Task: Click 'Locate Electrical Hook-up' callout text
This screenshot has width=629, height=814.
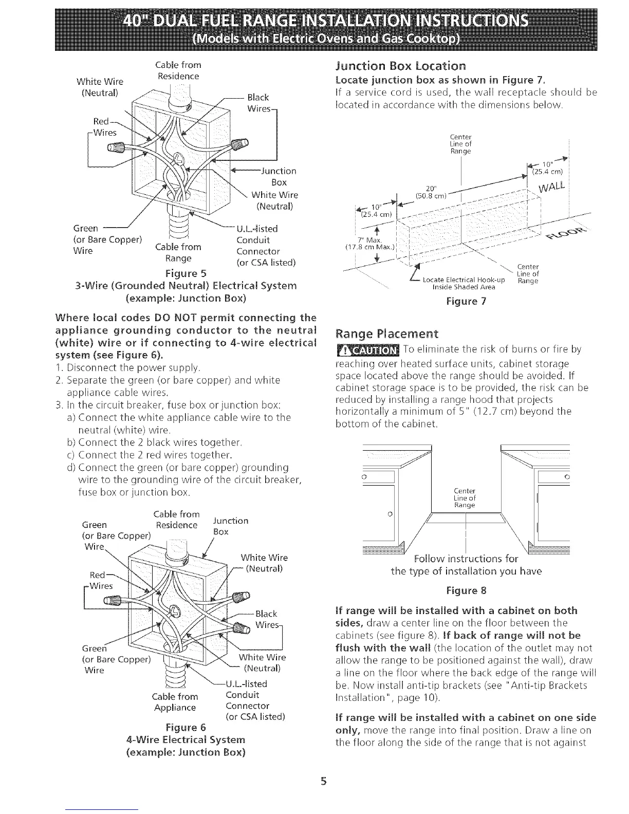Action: pyautogui.click(x=463, y=280)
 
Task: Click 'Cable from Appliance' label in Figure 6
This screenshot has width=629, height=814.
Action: pyautogui.click(x=175, y=702)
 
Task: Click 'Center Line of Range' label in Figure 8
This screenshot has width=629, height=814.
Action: pyautogui.click(x=465, y=498)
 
